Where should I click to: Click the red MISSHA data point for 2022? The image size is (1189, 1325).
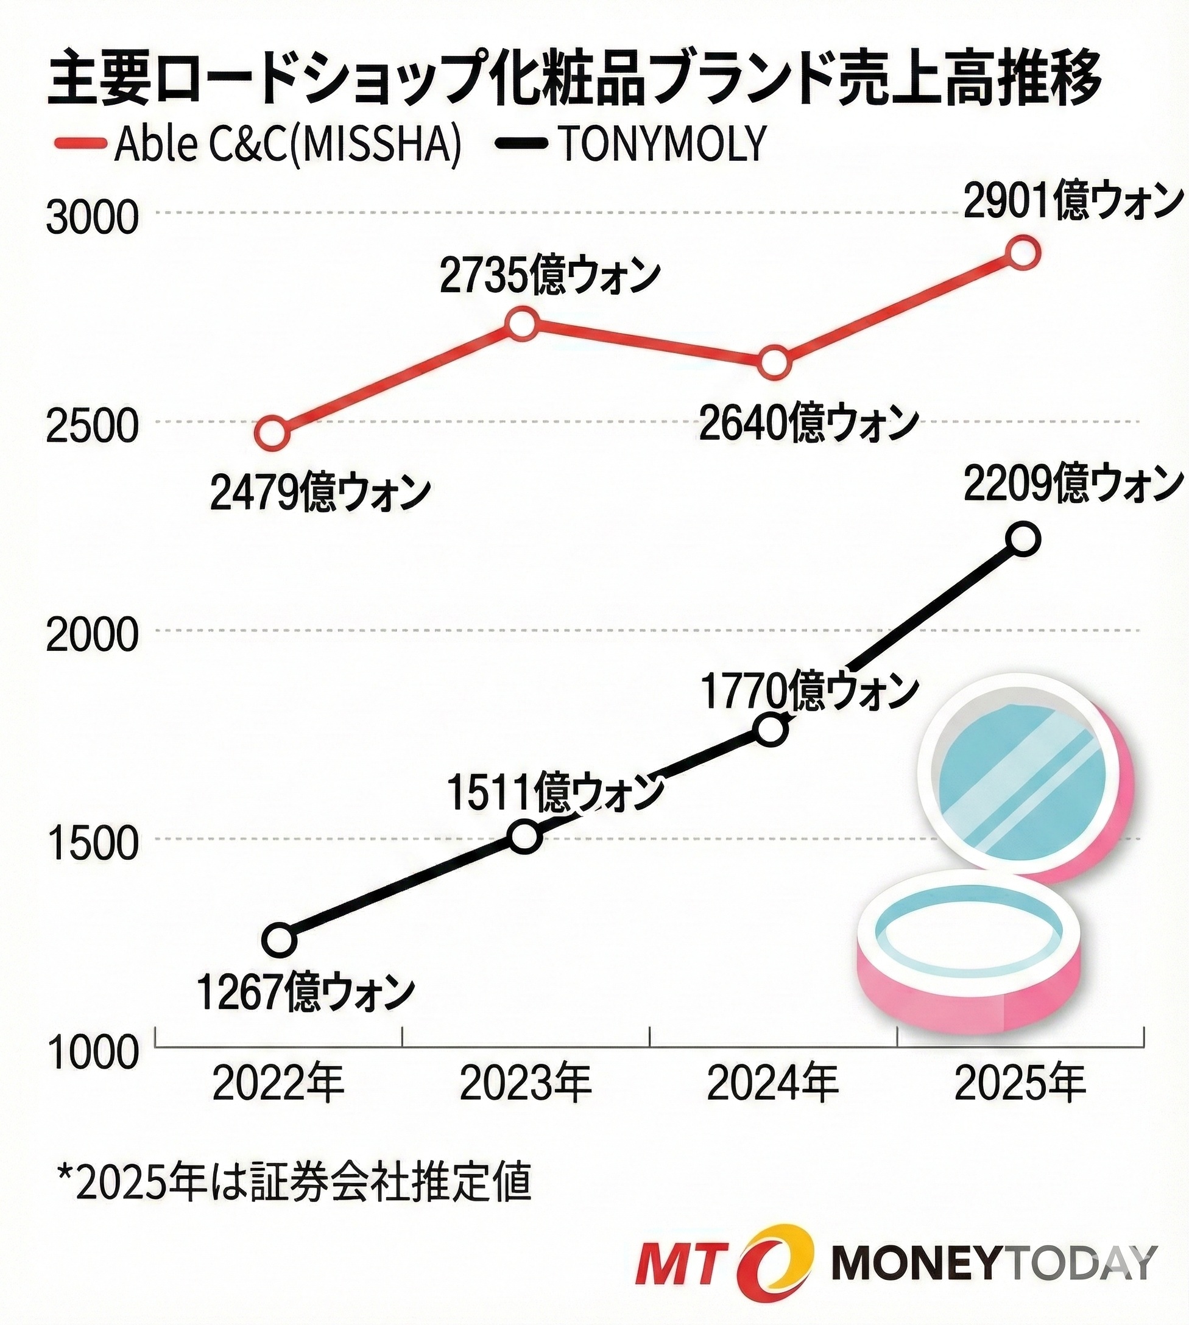pos(272,433)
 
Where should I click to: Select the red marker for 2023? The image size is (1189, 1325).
pos(523,324)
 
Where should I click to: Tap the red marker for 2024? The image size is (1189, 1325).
pos(774,362)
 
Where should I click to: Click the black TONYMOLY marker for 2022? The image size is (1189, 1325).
pos(279,940)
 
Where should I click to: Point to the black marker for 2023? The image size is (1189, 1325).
pos(525,837)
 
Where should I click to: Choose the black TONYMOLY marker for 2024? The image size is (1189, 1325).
pos(771,730)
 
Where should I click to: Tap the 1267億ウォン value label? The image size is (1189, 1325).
pos(305,991)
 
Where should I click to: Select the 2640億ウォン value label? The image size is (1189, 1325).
pos(809,423)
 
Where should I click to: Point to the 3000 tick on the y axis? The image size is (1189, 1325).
pos(92,217)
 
